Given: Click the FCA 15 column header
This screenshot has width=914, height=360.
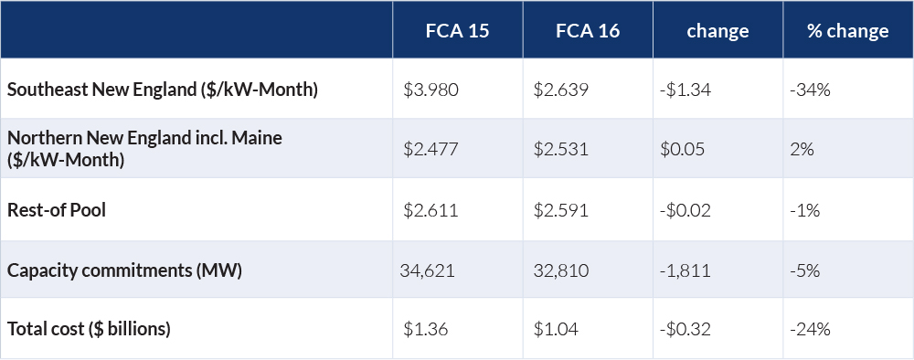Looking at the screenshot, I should [457, 31].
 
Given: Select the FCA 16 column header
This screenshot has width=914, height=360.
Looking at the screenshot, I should [588, 31].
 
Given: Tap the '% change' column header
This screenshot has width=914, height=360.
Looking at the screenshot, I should [847, 31].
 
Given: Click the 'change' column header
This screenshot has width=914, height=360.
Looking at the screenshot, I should [717, 31].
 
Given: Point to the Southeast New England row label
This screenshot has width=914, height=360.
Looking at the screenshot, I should [162, 90].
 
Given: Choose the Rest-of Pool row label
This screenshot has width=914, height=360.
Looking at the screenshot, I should [57, 210].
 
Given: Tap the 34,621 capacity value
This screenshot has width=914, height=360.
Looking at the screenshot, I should [427, 270].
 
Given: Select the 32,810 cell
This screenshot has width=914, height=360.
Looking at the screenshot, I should [559, 270].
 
